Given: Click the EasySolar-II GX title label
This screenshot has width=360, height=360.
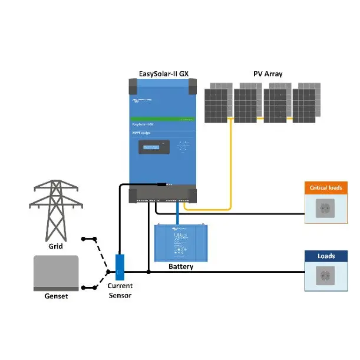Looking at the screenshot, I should [163, 74].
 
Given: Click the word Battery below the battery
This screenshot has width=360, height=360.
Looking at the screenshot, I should [180, 267].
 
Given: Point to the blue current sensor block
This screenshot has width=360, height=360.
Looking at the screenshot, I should [120, 267].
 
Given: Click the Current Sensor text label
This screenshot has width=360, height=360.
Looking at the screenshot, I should [120, 290].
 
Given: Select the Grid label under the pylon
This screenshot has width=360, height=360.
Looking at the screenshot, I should [55, 246].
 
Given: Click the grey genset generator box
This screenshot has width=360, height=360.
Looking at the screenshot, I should [56, 272].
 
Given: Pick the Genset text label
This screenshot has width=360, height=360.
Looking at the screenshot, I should [56, 296].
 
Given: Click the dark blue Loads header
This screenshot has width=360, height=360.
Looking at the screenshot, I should [326, 256].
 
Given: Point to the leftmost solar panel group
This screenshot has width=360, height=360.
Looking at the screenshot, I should [219, 103].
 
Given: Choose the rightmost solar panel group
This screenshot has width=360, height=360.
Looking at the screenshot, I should [307, 103].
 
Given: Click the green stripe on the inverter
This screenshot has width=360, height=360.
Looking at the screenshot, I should [163, 119].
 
